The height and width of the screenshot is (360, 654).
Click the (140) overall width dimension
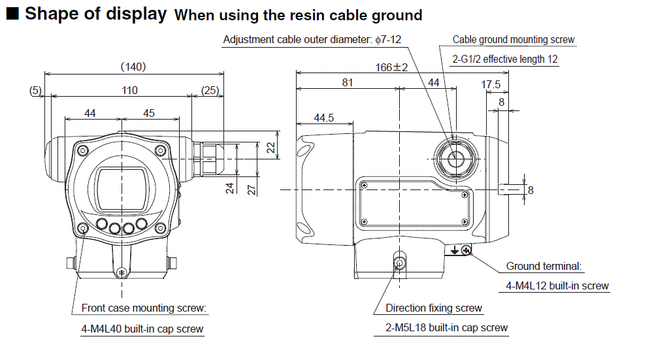(133, 66)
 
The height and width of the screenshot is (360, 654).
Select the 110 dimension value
(129, 91)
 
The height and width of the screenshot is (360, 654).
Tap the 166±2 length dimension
(392, 67)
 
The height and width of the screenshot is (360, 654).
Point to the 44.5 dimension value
(323, 118)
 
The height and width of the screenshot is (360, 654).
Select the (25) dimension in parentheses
(210, 91)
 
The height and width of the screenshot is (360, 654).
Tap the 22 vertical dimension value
(270, 148)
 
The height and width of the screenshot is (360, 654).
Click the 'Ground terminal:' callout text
(544, 267)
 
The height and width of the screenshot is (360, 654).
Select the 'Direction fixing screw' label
(434, 308)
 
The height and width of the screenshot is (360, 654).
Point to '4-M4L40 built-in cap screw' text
(142, 329)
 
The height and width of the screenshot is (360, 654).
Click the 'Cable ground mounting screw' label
(514, 40)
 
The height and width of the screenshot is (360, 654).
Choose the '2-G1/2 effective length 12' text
(505, 59)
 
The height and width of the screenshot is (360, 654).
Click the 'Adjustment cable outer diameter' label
(312, 40)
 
